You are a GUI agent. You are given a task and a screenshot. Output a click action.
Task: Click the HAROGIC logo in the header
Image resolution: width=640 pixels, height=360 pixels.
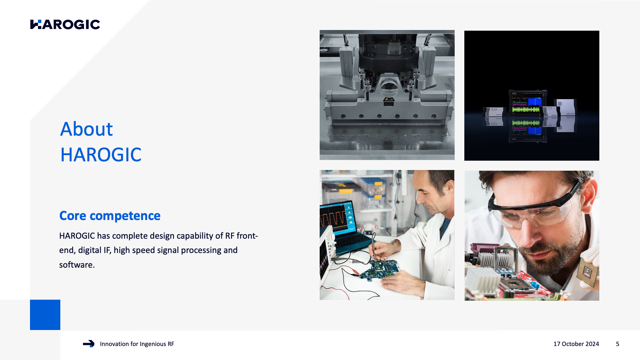65,24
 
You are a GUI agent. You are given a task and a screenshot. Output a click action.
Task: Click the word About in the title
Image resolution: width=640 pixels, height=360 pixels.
86,129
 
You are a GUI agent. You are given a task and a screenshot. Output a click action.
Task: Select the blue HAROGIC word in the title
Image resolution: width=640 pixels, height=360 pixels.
101,155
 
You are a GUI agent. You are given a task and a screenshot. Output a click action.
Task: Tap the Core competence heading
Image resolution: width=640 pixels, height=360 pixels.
110,216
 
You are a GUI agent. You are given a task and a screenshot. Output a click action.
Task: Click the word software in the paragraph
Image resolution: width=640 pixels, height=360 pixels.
77,265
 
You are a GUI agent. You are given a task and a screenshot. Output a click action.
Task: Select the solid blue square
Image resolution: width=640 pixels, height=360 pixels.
45,315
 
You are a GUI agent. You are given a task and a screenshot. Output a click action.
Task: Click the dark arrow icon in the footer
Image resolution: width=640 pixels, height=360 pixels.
89,344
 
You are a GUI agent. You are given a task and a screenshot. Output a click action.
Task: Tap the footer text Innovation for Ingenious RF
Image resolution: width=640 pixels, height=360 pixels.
137,344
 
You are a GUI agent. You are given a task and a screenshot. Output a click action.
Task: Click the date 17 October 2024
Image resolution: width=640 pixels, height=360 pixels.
576,344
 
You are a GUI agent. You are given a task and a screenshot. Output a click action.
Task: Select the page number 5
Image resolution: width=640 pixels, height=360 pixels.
618,344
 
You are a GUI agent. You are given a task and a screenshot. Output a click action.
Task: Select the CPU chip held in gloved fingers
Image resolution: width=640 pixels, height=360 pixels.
587,272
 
